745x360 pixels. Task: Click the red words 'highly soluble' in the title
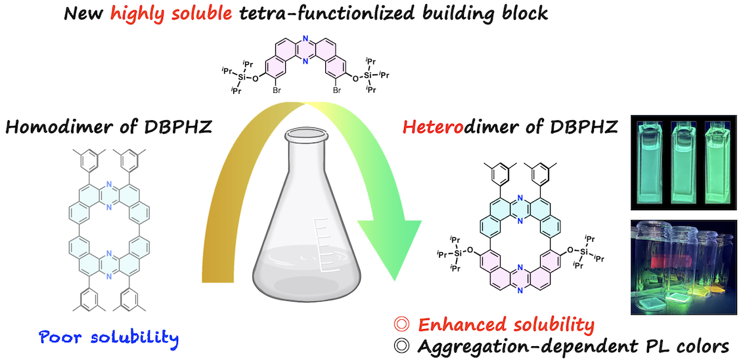click(x=172, y=13)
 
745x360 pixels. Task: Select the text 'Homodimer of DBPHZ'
click(x=108, y=127)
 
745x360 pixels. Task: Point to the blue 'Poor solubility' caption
click(x=108, y=338)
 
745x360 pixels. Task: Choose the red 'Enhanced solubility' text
click(x=506, y=324)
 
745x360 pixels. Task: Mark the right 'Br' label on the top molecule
click(x=336, y=102)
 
